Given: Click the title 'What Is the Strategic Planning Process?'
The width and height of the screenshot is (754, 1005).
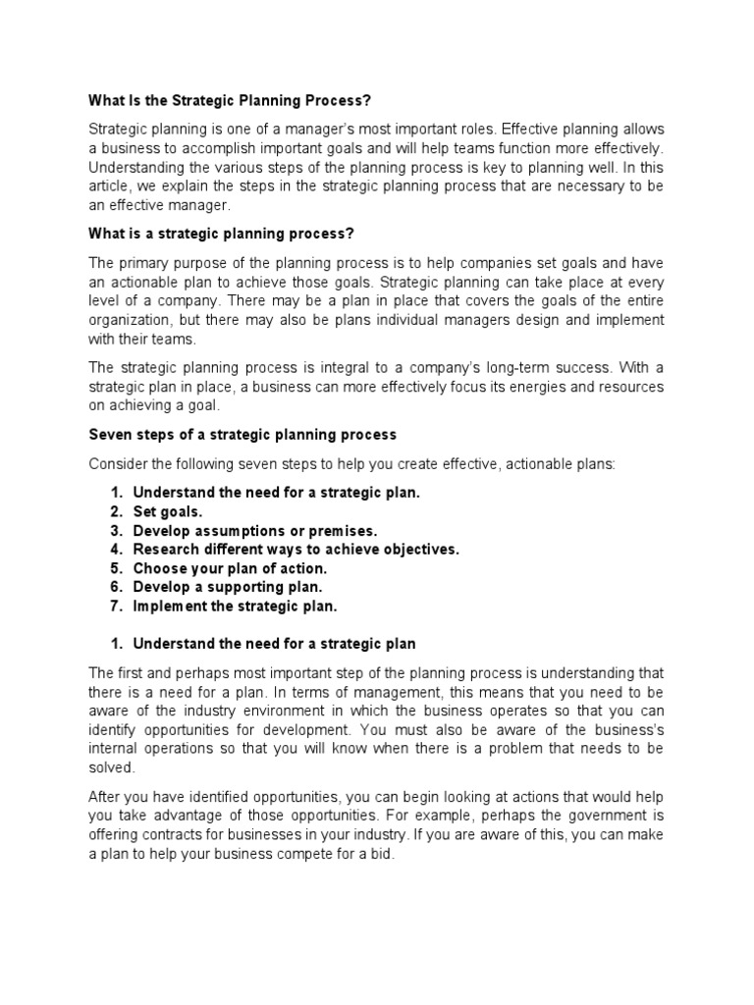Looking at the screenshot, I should (232, 100).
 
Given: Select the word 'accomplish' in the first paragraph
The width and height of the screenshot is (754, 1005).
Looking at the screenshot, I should (227, 148).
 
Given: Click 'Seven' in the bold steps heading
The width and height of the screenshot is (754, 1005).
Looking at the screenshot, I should (110, 435).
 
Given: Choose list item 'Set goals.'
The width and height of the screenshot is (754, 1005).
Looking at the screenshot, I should (168, 511).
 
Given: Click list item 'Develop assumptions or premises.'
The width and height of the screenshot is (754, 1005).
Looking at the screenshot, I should (255, 530).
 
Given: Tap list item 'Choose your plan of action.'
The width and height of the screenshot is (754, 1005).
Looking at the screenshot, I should (230, 568).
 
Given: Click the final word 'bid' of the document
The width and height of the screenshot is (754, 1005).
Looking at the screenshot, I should (380, 854).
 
